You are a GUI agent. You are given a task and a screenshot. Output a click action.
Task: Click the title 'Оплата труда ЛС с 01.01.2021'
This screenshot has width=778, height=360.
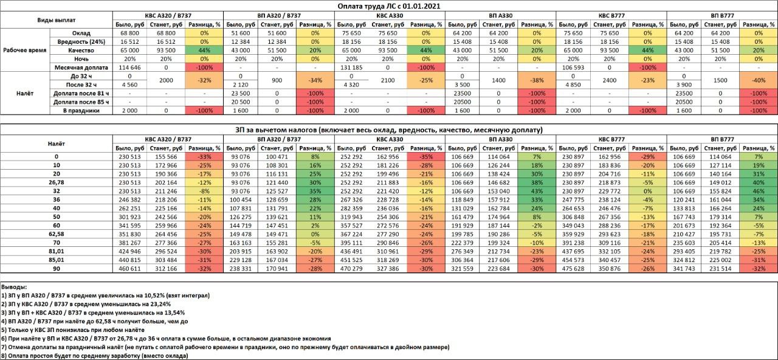coord(389,6)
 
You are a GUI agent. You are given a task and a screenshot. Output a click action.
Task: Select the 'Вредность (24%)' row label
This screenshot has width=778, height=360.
coord(81,42)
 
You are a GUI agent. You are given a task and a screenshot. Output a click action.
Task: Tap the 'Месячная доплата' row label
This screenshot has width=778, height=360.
coord(81,67)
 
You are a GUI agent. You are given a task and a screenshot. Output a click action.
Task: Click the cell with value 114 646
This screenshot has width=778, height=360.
coord(129,67)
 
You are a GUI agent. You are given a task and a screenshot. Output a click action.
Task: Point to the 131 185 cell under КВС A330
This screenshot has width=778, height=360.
coord(351,67)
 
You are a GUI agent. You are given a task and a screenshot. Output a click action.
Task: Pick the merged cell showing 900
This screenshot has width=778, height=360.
coord(277,80)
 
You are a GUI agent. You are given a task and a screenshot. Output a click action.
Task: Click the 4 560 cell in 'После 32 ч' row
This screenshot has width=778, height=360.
coord(129,85)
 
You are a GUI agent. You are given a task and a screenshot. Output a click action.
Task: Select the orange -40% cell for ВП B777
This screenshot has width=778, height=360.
coord(759,80)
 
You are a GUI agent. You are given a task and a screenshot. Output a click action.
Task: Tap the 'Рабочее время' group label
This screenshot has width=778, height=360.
coord(25,50)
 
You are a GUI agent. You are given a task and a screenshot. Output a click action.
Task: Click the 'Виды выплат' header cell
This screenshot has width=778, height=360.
coord(57,20)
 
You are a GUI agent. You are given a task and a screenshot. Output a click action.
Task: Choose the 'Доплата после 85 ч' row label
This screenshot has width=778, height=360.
coord(81,102)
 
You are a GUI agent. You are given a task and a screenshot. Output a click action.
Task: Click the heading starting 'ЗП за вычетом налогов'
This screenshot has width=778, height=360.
coord(389,130)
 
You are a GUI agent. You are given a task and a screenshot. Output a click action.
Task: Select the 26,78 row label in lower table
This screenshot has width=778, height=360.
coord(57,182)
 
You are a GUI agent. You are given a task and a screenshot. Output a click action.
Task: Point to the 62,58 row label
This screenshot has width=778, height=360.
coord(57,234)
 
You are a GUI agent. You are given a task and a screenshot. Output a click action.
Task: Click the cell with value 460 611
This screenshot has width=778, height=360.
coord(129,269)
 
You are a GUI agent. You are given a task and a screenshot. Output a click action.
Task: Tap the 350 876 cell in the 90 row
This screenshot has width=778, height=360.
coord(609,269)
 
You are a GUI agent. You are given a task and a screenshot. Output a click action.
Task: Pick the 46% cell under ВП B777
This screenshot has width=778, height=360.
coord(759,191)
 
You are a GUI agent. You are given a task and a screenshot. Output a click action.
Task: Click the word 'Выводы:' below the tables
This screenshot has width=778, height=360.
coord(14,287)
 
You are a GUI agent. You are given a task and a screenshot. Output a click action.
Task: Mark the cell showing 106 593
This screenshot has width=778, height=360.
coord(573,67)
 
